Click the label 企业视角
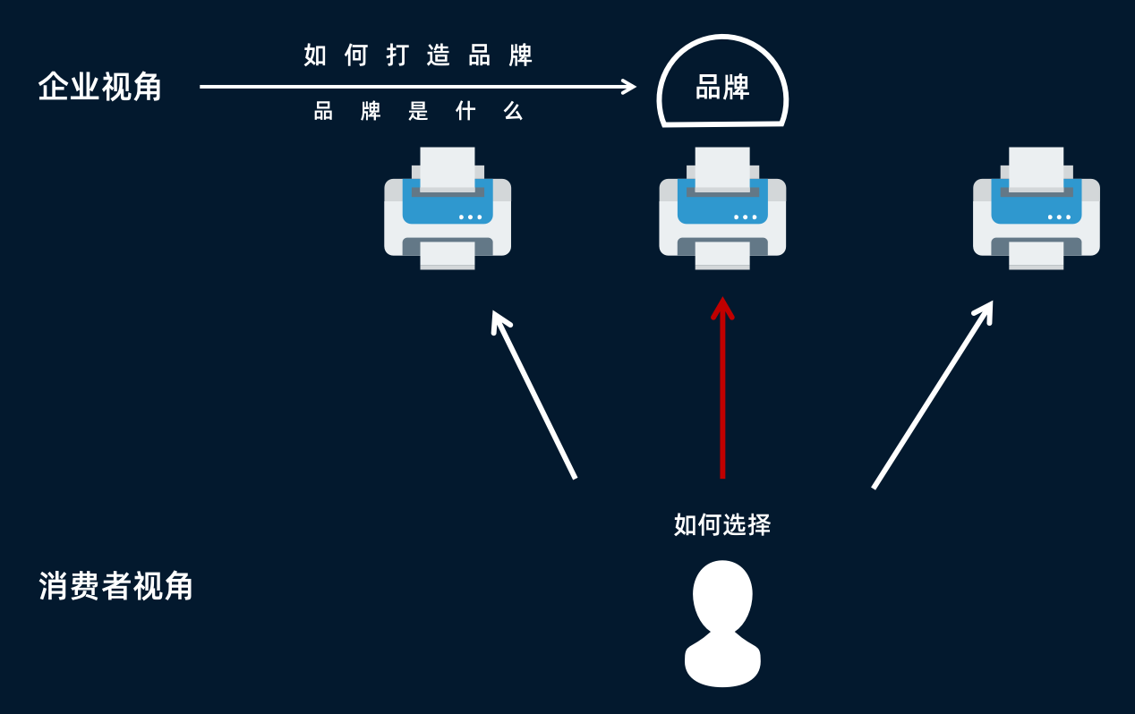pos(100,87)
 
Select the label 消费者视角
pos(115,586)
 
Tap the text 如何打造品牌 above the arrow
pos(418,55)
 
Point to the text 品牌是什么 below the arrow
pos(418,111)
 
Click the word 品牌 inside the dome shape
pos(722,87)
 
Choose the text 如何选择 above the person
pos(722,524)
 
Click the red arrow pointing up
pos(722,387)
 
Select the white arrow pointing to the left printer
pos(533,395)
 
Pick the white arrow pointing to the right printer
pos(933,395)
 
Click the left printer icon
pos(448,208)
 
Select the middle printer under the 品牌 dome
pos(722,208)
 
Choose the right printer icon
pos(1037,208)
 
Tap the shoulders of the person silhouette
pos(722,659)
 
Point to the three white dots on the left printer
pos(470,217)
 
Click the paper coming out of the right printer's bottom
pos(1037,255)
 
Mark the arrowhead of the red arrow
pos(722,308)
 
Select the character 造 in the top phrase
pos(439,55)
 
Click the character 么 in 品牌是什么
pos(513,111)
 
